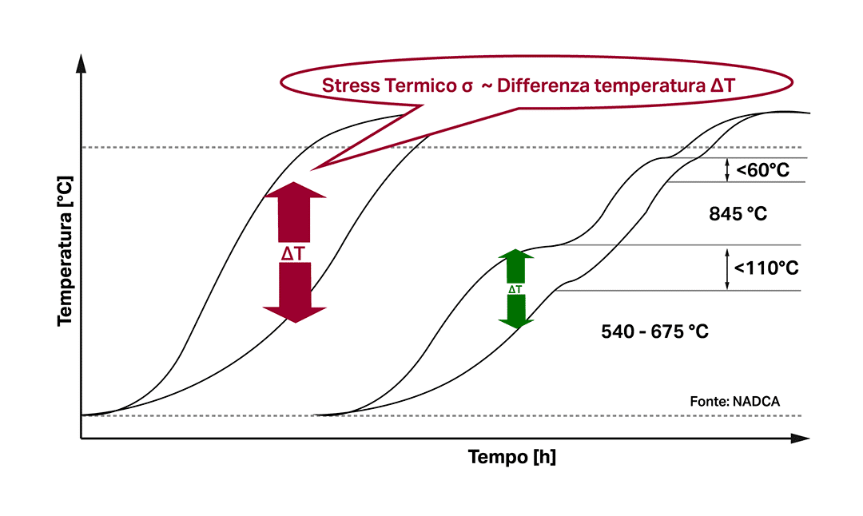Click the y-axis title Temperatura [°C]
pos(66,250)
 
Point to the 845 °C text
pos(738,214)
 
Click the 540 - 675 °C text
pos(654,331)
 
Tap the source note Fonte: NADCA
pos(734,401)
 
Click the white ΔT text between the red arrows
pos(293,253)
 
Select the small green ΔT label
pos(515,289)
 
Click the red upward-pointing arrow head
pos(295,191)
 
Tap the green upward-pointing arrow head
pos(516,256)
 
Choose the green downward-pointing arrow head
pos(516,321)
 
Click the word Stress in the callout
pos(344,85)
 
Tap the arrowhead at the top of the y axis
pos(81,65)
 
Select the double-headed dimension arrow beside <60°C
pos(727,169)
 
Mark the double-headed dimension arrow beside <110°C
pos(727,268)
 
